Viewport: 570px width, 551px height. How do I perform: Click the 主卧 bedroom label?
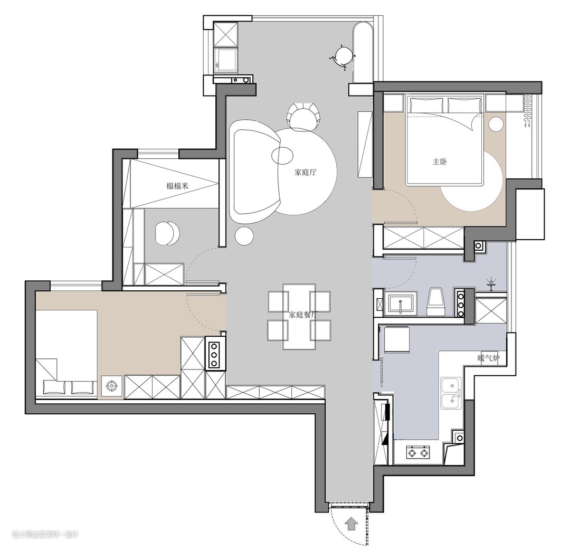tap(440, 161)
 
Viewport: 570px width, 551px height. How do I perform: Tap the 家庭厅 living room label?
tap(306, 172)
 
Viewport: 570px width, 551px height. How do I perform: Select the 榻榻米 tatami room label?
tap(177, 186)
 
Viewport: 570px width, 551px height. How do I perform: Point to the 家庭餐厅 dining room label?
tap(302, 315)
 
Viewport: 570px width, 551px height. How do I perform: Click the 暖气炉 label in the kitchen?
tap(489, 358)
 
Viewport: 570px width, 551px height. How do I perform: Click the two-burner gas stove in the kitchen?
tap(417, 452)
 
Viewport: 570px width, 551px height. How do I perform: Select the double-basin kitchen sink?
tap(451, 392)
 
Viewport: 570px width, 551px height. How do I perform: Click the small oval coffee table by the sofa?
tap(282, 155)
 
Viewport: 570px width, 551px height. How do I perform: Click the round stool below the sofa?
tap(244, 236)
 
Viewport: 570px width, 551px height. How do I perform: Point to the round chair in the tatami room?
tap(167, 233)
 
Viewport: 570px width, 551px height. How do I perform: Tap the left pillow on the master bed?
tap(427, 104)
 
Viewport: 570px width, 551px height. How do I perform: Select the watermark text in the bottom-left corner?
tap(45, 534)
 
